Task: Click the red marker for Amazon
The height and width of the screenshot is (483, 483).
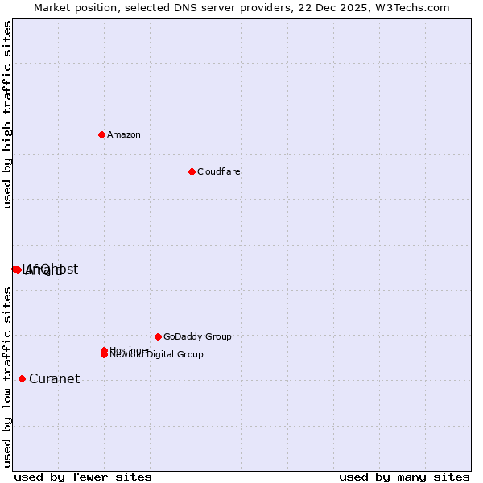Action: pyautogui.click(x=101, y=134)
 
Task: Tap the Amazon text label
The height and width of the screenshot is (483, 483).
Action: pyautogui.click(x=123, y=134)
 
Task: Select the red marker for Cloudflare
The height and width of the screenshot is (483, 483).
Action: pyautogui.click(x=192, y=171)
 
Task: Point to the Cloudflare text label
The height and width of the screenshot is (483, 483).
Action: pyautogui.click(x=218, y=171)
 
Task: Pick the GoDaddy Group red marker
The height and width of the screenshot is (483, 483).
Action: pyautogui.click(x=158, y=336)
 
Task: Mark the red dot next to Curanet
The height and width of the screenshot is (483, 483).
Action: pyautogui.click(x=22, y=378)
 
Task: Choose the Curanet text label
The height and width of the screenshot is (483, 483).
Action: pyautogui.click(x=54, y=379)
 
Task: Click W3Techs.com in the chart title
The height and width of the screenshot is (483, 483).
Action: pyautogui.click(x=410, y=7)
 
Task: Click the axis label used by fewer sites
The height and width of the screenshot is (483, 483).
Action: pyautogui.click(x=83, y=477)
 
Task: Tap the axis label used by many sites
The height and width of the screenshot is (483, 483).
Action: pyautogui.click(x=404, y=477)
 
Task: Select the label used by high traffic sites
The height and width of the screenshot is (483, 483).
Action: pyautogui.click(x=8, y=115)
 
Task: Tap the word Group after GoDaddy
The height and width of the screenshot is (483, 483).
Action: pyautogui.click(x=218, y=336)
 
